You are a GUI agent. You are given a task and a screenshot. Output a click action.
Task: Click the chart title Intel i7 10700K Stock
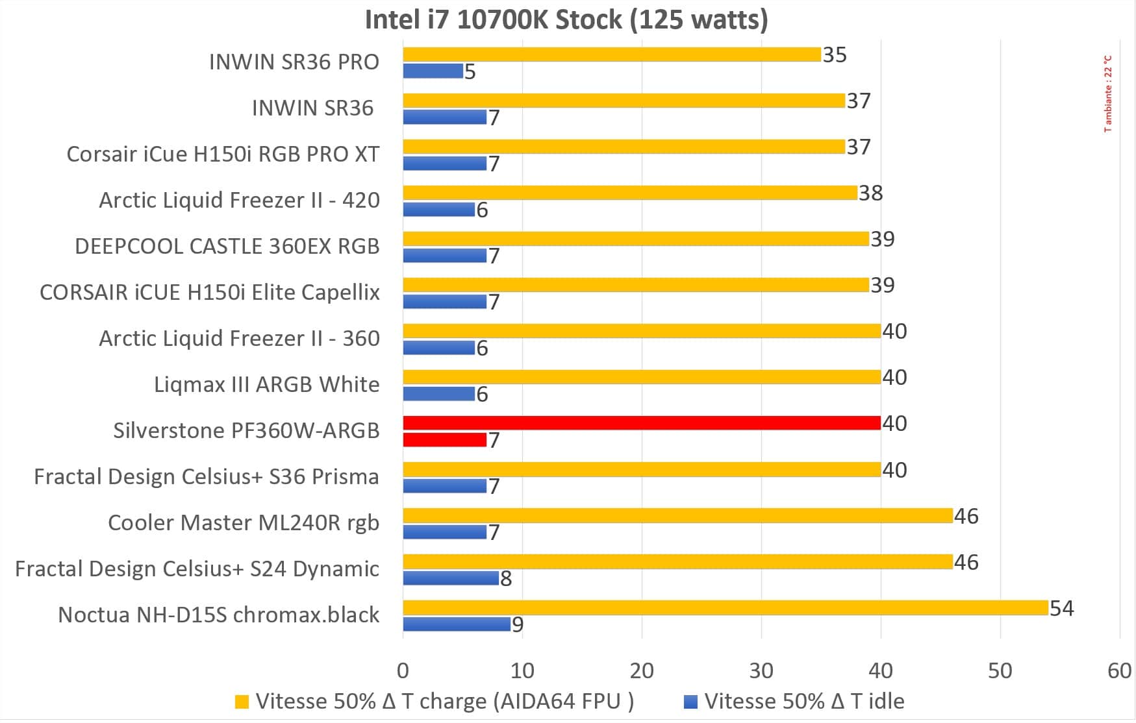tap(566, 19)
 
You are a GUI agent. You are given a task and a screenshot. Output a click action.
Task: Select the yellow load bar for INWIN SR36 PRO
tap(612, 55)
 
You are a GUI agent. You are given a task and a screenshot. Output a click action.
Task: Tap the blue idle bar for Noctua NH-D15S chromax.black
tap(457, 624)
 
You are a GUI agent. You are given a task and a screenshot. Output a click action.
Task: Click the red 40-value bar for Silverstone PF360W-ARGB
tap(642, 423)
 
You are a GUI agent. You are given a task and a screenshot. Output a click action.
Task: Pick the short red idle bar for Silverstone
tap(445, 440)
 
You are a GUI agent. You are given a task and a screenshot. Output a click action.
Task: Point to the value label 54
tap(1061, 608)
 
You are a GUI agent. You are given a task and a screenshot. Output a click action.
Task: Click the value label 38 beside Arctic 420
tap(870, 193)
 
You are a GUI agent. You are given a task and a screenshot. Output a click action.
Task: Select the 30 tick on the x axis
tap(761, 670)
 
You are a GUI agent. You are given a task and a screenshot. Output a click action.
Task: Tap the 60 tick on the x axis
tap(1119, 670)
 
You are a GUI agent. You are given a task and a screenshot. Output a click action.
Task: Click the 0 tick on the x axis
tap(403, 670)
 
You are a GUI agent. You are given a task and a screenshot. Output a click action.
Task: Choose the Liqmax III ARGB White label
tap(266, 384)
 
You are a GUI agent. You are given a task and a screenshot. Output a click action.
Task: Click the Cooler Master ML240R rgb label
tap(244, 522)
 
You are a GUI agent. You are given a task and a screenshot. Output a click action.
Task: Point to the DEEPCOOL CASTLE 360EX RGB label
tap(227, 246)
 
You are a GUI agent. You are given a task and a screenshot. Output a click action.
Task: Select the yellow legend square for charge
tap(242, 702)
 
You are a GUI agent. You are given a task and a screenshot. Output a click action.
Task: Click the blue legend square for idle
tap(691, 702)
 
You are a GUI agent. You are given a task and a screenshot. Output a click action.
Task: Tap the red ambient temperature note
tap(1108, 93)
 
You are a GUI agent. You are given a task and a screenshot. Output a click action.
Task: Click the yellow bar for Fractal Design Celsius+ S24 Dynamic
tap(677, 562)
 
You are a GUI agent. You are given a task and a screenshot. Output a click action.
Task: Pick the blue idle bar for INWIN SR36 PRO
tap(433, 71)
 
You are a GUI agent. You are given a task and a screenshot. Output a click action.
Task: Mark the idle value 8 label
tap(506, 578)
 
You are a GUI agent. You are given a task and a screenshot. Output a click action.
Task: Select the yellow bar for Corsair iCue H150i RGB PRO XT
tap(624, 147)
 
